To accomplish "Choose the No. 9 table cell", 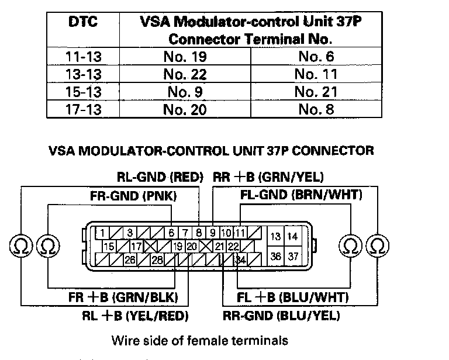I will click(x=185, y=92).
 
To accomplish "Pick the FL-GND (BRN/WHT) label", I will click(x=301, y=195).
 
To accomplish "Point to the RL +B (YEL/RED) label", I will click(x=136, y=316).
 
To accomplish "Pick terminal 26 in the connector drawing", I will click(x=130, y=259).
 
